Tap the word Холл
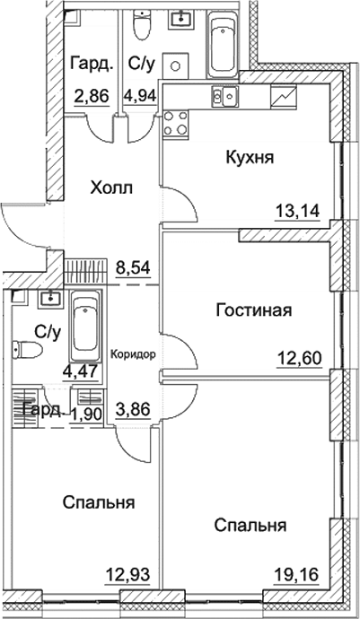[x=111, y=188]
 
